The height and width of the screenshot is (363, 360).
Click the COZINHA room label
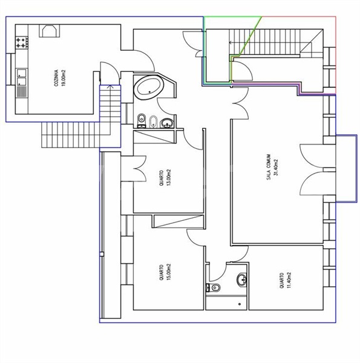[x=56, y=78]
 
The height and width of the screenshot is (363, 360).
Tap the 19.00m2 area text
[x=64, y=78]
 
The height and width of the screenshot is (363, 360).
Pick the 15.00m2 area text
[x=169, y=272]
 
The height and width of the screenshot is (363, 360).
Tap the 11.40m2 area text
[x=289, y=280]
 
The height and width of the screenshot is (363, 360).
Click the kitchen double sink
[x=22, y=77]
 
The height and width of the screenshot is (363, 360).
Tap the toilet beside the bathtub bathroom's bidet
[x=141, y=120]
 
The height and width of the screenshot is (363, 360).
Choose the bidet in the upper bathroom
[x=153, y=122]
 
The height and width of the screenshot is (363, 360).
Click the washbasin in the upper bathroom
[x=167, y=123]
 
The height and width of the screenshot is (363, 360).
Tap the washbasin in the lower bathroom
[x=242, y=280]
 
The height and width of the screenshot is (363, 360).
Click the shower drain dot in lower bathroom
[x=240, y=304]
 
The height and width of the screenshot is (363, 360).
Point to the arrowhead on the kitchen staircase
[x=111, y=87]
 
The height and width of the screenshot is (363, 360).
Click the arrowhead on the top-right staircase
[x=231, y=42]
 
